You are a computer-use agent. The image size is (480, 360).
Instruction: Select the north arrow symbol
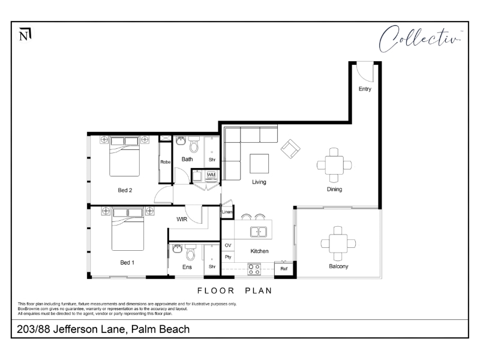25,34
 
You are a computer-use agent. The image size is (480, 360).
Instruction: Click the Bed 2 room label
125,190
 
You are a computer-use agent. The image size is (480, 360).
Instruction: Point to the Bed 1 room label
127,263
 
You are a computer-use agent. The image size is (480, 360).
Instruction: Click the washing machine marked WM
212,175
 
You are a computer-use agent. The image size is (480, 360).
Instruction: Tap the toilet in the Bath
194,145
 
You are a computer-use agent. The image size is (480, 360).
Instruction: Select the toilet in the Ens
190,252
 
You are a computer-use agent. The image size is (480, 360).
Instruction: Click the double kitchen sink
259,232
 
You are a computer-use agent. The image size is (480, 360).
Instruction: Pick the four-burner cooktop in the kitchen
254,269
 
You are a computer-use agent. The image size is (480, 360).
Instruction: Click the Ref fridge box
284,269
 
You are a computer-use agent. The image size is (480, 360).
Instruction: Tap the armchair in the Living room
290,149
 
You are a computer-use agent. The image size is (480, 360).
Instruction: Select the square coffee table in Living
259,164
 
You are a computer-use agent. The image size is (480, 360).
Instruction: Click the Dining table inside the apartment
334,166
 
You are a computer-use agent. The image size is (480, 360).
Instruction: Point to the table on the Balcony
338,244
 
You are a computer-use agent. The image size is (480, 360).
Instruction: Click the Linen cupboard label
227,212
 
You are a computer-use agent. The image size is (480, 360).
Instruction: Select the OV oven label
228,245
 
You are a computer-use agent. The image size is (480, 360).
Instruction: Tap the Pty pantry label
228,257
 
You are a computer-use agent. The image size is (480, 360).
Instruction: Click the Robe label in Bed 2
166,162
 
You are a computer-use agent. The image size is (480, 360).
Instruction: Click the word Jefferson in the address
89,329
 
